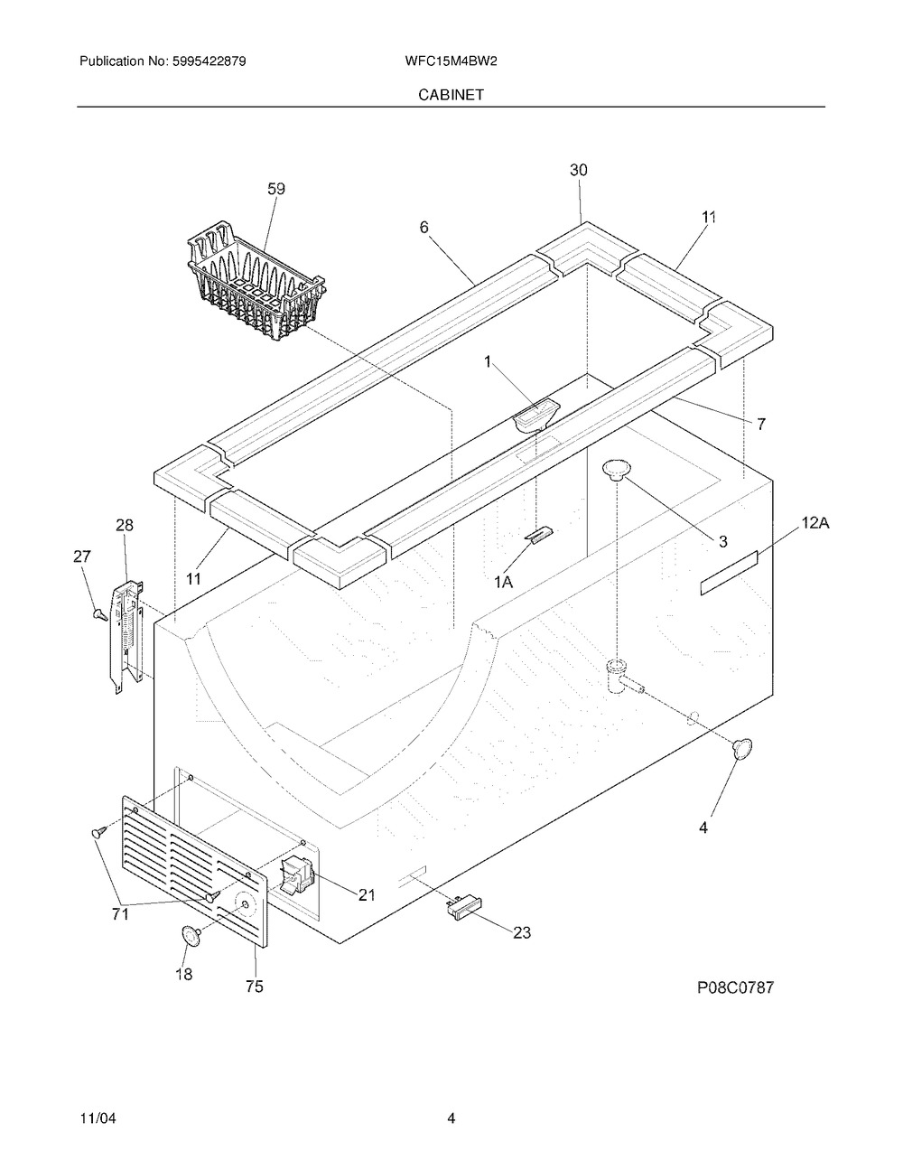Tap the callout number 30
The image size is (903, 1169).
(x=579, y=170)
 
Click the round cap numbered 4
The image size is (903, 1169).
(x=742, y=748)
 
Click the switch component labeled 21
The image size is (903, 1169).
(x=295, y=875)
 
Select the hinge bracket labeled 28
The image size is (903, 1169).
(x=126, y=636)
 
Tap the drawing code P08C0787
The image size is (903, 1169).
(x=734, y=987)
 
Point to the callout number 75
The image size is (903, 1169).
(x=254, y=987)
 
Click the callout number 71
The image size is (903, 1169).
(x=120, y=914)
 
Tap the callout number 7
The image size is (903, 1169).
(x=761, y=423)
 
